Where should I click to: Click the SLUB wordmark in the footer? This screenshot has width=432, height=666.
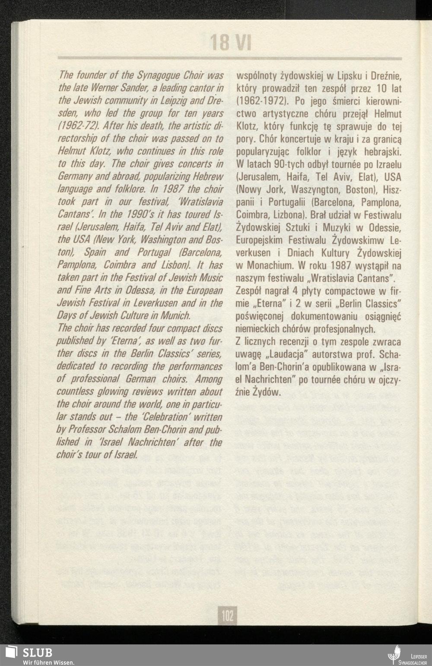[x=38, y=652]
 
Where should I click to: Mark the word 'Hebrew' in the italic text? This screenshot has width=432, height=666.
[x=207, y=177]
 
